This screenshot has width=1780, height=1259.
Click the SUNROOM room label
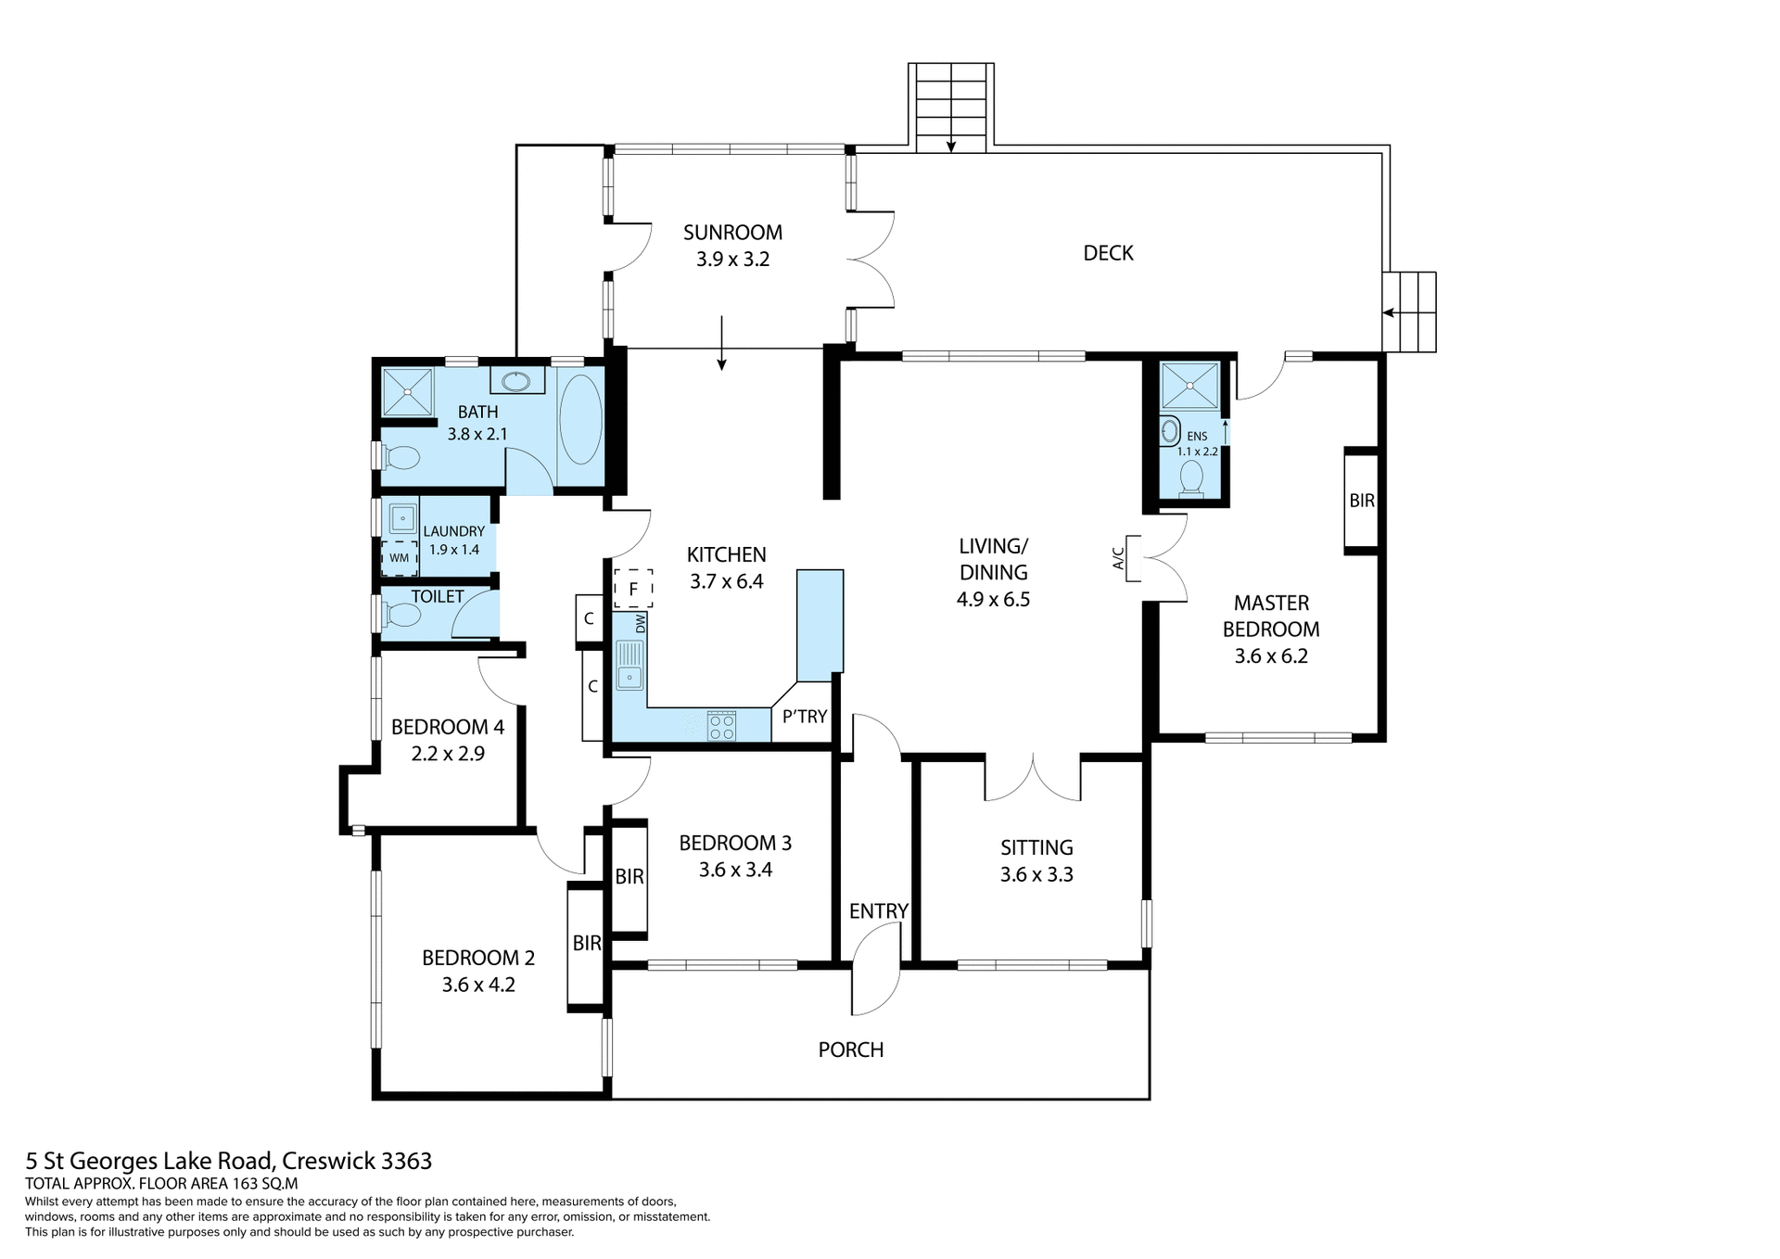click(x=732, y=233)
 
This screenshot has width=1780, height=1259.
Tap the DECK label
click(x=1108, y=253)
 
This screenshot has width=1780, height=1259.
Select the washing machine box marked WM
click(x=399, y=558)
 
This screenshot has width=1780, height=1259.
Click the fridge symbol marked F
click(x=633, y=589)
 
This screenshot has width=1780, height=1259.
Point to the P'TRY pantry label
click(x=804, y=717)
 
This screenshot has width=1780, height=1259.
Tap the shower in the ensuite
click(x=1189, y=386)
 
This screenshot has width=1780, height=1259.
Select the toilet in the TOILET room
click(x=401, y=615)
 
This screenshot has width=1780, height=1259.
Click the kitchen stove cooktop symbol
click(x=721, y=726)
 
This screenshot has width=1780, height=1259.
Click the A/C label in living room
click(x=1118, y=558)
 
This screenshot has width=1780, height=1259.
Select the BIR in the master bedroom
click(x=1361, y=501)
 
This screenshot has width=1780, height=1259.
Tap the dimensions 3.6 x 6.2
click(x=1270, y=656)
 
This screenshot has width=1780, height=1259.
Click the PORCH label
click(x=850, y=1049)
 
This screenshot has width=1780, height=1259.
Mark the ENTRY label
click(x=878, y=911)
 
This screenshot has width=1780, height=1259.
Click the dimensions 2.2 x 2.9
click(x=448, y=754)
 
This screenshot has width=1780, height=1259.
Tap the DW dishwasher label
click(x=640, y=624)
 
